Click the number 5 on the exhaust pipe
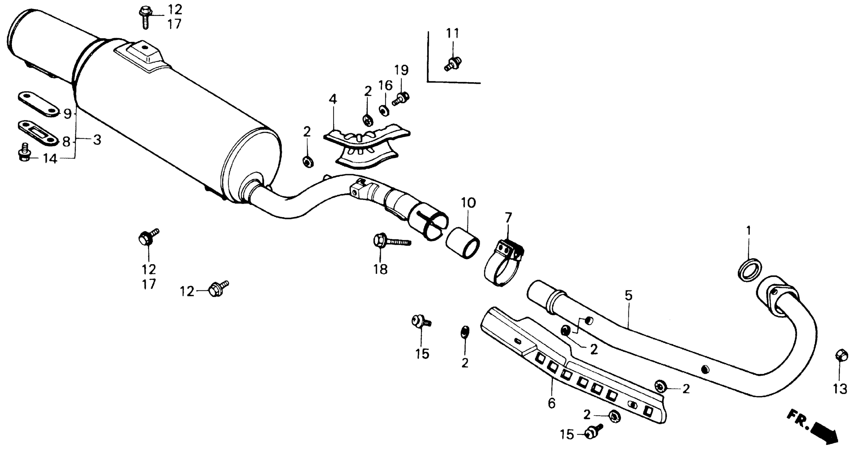[628, 296]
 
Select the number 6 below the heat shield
[552, 403]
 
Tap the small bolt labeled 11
[453, 64]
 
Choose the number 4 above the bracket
[333, 99]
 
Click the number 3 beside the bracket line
[97, 140]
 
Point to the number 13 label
[840, 389]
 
